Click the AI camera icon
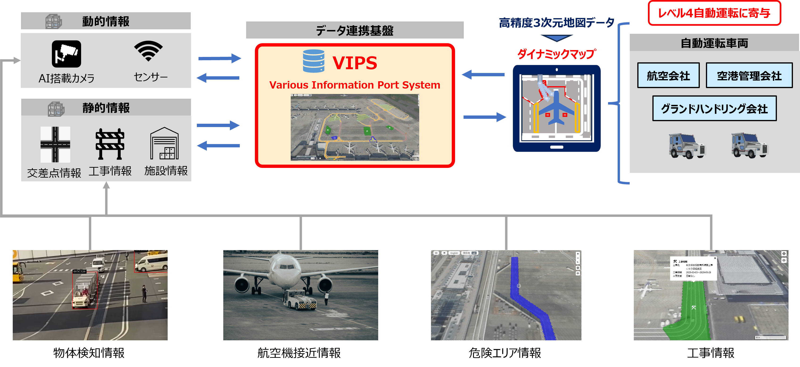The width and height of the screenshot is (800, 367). click(66, 54)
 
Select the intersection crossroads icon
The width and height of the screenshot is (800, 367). click(55, 144)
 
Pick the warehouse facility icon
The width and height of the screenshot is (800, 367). click(164, 143)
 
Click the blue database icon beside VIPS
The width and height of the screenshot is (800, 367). click(314, 61)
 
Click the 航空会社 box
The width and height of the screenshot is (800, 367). click(668, 76)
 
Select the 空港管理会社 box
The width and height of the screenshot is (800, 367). click(749, 76)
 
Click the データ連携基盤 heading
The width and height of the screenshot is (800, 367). click(355, 30)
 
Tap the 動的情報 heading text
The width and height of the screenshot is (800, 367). click(106, 21)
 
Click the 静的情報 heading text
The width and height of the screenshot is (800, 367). click(106, 108)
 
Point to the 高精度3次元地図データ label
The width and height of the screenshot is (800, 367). click(556, 23)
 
